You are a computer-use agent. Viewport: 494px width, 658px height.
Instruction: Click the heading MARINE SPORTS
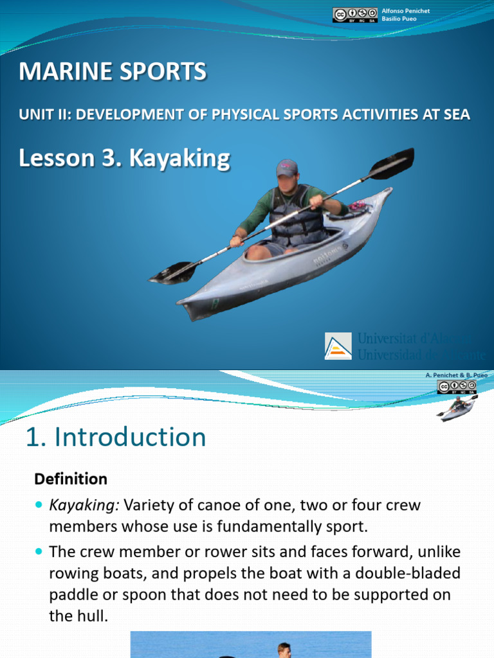point(113,72)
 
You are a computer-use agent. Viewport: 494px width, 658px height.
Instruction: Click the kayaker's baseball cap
point(287,168)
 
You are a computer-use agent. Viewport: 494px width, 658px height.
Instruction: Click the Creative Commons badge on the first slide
point(354,15)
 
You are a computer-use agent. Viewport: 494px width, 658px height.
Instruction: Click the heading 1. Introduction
point(116,438)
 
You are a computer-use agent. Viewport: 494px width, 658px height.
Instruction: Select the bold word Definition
point(71,479)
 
